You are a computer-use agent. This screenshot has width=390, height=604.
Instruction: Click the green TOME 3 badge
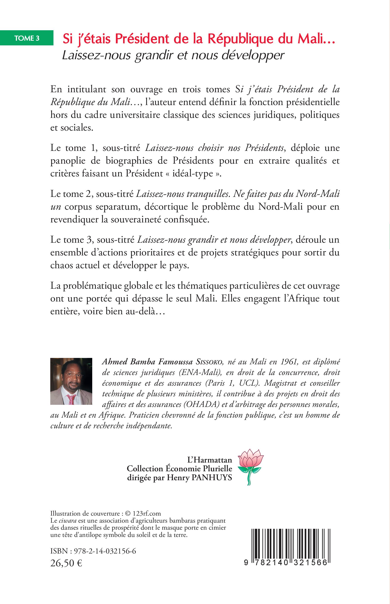pos(27,38)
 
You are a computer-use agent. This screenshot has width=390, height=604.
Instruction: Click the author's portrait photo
pos(71,381)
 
